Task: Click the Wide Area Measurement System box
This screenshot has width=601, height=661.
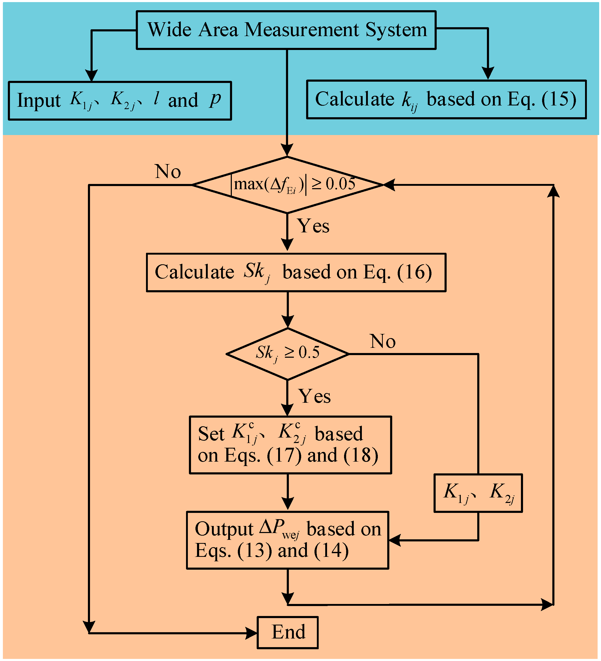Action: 286,30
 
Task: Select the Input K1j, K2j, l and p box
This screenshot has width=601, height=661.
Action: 120,101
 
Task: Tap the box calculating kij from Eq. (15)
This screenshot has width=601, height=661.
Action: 446,99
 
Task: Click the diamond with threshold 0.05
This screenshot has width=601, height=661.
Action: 288,185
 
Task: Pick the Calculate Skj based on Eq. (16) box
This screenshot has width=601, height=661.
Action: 296,272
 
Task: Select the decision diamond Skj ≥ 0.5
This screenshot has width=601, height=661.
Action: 288,354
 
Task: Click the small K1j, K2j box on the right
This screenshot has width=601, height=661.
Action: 478,493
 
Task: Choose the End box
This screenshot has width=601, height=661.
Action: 288,632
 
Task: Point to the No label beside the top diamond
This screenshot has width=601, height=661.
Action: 167,171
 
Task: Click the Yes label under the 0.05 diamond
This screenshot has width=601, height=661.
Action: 313,226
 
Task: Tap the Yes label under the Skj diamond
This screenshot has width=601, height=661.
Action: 314,396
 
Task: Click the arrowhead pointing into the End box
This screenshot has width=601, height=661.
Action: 251,633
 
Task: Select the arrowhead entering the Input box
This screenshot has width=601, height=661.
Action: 92,75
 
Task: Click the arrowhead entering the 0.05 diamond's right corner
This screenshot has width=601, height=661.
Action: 389,185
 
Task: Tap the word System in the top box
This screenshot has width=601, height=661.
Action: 396,30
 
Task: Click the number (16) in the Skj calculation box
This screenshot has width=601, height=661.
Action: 414,272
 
